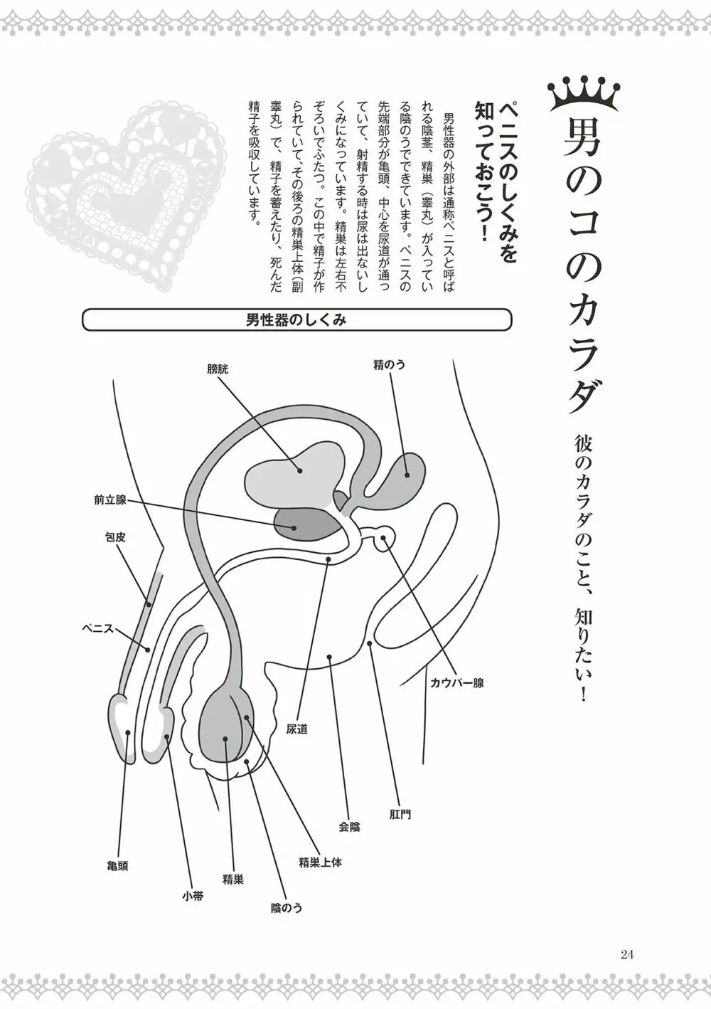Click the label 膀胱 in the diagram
[x=219, y=368]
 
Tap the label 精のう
[x=389, y=364]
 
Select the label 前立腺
[x=109, y=500]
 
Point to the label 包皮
[x=115, y=538]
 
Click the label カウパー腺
[x=456, y=683]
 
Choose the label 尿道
[x=297, y=729]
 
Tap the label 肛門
[x=400, y=813]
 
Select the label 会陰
[x=349, y=827]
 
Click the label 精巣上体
[x=320, y=862]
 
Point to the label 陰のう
[x=287, y=907]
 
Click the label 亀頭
[x=116, y=867]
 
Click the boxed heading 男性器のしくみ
[x=296, y=319]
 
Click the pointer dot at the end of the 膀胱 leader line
[x=300, y=470]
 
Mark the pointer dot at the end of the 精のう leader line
[x=407, y=475]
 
